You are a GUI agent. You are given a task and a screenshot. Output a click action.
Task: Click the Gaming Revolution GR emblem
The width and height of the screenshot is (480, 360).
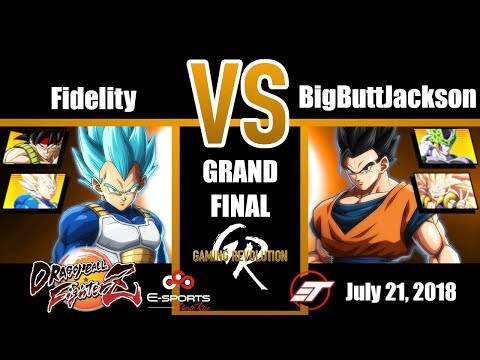[x=240, y=255]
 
